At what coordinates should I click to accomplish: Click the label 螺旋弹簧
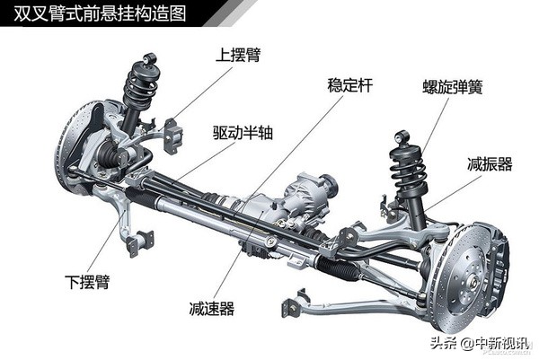pos(455,88)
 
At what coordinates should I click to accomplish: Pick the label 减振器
pos(490,164)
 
